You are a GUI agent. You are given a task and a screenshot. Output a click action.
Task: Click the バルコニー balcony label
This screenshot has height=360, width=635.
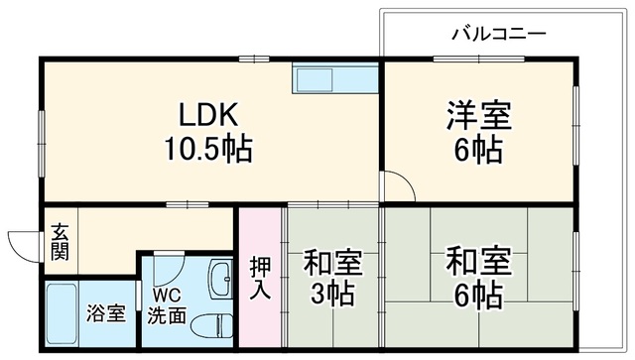pos(499,34)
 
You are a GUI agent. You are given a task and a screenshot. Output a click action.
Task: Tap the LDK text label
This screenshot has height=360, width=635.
pos(208,115)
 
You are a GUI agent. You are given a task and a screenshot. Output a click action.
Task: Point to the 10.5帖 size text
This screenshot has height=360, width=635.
pos(207,149)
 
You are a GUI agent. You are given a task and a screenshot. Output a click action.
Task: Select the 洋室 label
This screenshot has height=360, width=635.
pos(479,116)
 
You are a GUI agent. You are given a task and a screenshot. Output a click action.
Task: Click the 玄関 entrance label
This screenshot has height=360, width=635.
pos(60,242)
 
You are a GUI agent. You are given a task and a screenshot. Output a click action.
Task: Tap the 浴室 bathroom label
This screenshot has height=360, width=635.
pos(106,313)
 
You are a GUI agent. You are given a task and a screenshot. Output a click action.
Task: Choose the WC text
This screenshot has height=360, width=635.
pos(167,296)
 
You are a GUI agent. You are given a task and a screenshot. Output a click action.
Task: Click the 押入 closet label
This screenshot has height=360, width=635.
pos(260,279)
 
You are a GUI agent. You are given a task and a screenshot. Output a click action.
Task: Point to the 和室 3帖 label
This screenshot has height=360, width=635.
pos(332,278)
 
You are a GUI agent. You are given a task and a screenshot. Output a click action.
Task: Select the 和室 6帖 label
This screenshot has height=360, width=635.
pos(479,278)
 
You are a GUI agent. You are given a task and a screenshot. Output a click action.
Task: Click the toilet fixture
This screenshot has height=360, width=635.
pos(212,325)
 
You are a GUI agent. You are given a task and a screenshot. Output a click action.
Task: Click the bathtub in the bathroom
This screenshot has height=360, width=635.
pos(62,314)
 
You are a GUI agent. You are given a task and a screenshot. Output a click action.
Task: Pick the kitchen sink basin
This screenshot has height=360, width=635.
pos(315,80)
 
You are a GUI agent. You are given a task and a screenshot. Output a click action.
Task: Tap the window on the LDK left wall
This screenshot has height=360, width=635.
pos(42,144)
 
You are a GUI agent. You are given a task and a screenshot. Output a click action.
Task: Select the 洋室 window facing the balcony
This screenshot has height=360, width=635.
pos(479,60)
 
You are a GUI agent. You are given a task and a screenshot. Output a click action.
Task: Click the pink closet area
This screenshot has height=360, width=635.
pos(260,278)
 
